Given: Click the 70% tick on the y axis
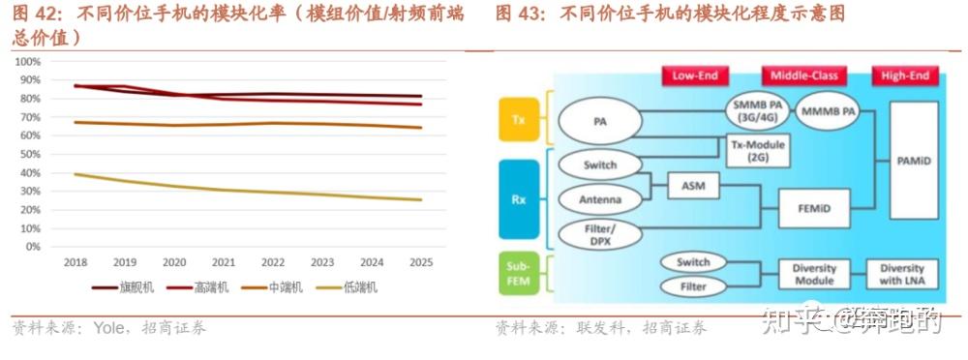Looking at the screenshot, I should pos(28,117).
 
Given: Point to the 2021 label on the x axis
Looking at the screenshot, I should pos(224,262).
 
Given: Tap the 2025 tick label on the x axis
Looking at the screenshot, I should pos(422,262).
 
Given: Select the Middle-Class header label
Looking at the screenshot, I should pos(804,75).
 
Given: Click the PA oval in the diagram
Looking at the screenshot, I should pos(599,123).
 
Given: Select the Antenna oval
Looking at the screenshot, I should pos(600,200).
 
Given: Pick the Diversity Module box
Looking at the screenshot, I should pos(813,275).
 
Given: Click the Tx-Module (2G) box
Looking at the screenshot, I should pos(757,150).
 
